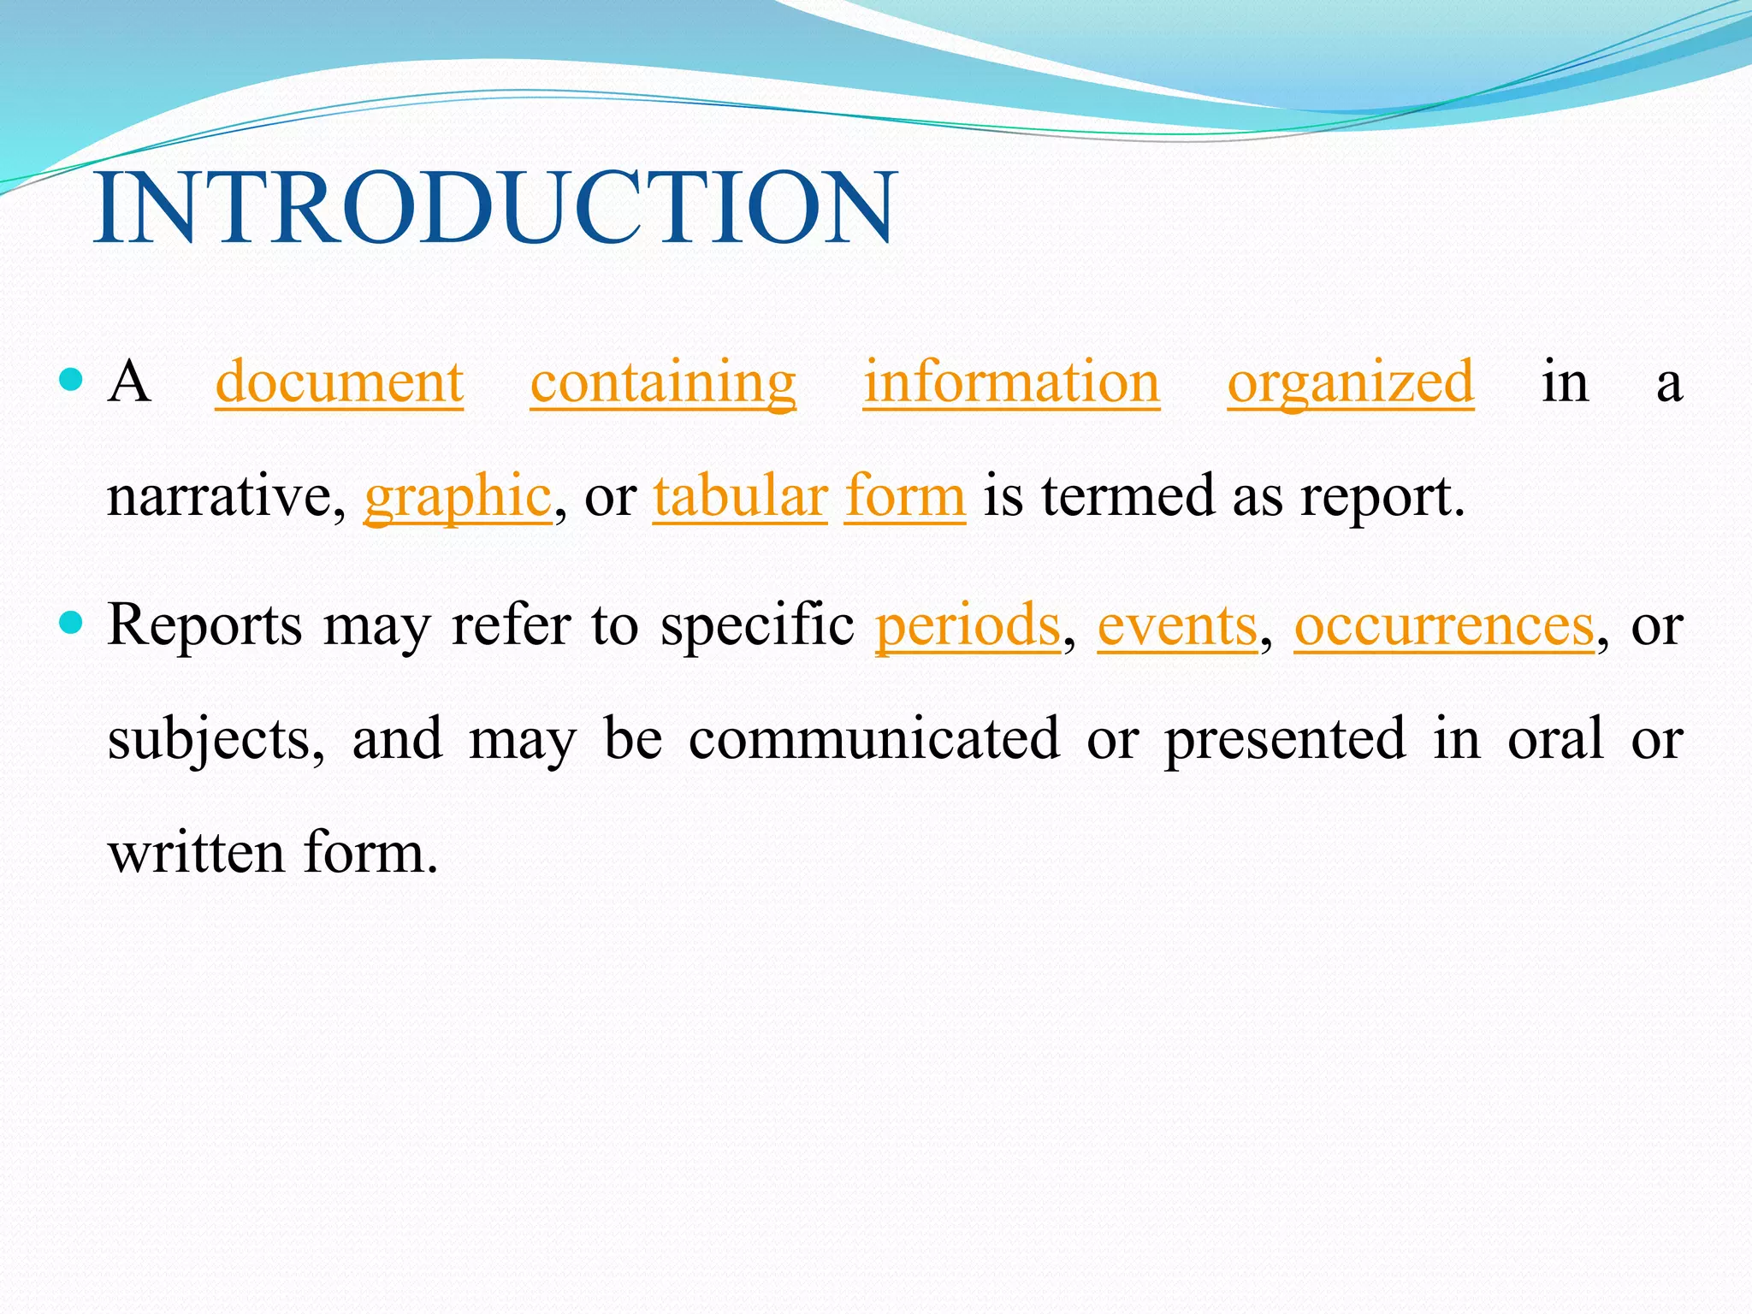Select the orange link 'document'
[x=339, y=382]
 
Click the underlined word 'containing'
[x=663, y=382]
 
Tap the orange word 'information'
[x=1011, y=382]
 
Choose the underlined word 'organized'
[x=1351, y=382]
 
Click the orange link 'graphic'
[x=458, y=496]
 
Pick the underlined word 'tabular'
[x=740, y=496]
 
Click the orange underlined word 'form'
[x=905, y=496]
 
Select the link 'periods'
[x=968, y=625]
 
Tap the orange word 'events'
[x=1177, y=625]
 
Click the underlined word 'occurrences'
[x=1444, y=625]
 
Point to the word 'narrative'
[x=220, y=496]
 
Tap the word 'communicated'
[x=874, y=739]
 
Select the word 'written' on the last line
[x=196, y=853]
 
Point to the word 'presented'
[x=1285, y=739]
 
